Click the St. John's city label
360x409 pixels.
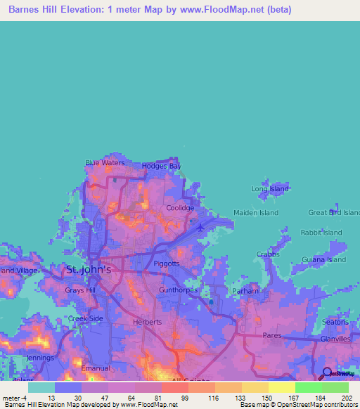pos(87,269)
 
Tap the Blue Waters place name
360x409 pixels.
pos(105,163)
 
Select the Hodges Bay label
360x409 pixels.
pos(162,167)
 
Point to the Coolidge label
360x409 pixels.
pos(180,209)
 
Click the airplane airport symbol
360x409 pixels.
pos(201,227)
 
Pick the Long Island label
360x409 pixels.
pos(270,189)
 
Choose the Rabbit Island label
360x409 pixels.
pos(321,233)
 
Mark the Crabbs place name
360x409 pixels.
pos(267,254)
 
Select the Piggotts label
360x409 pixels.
pos(167,264)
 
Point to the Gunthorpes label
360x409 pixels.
pos(179,290)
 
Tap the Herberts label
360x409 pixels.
pos(147,322)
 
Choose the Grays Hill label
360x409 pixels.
pos(79,290)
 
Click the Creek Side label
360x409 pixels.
pos(85,318)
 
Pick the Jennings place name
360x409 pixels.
pos(40,358)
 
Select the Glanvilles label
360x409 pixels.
pos(335,339)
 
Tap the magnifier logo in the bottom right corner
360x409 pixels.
pos(326,372)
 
